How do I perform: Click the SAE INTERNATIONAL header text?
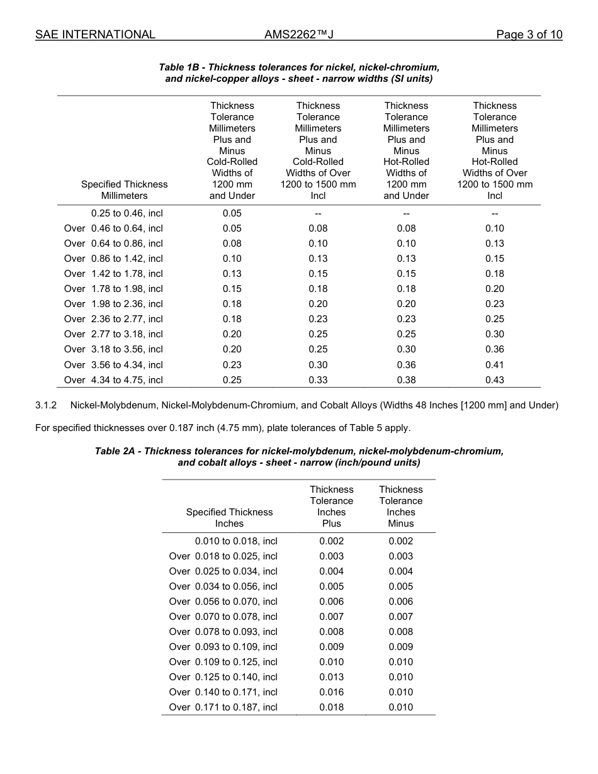[95, 35]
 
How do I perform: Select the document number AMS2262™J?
[298, 35]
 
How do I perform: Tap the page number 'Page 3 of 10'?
[529, 35]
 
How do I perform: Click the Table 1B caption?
[299, 73]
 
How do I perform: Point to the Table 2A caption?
[299, 457]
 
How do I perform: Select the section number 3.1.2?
[46, 405]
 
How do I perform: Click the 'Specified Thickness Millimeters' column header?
[124, 190]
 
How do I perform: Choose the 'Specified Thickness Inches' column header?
[229, 518]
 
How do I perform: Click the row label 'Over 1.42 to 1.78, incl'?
[113, 274]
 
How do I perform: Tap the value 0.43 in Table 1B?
[494, 380]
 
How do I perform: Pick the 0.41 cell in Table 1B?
[494, 365]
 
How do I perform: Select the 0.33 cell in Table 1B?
[318, 380]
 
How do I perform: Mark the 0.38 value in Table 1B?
[406, 380]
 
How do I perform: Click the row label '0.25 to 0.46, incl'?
[127, 213]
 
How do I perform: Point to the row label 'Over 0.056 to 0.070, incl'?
[223, 602]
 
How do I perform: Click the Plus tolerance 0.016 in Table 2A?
[331, 692]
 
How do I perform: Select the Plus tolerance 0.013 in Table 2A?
[331, 677]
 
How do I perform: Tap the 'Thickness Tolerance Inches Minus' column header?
[400, 507]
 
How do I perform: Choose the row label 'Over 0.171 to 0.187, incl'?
[223, 707]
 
